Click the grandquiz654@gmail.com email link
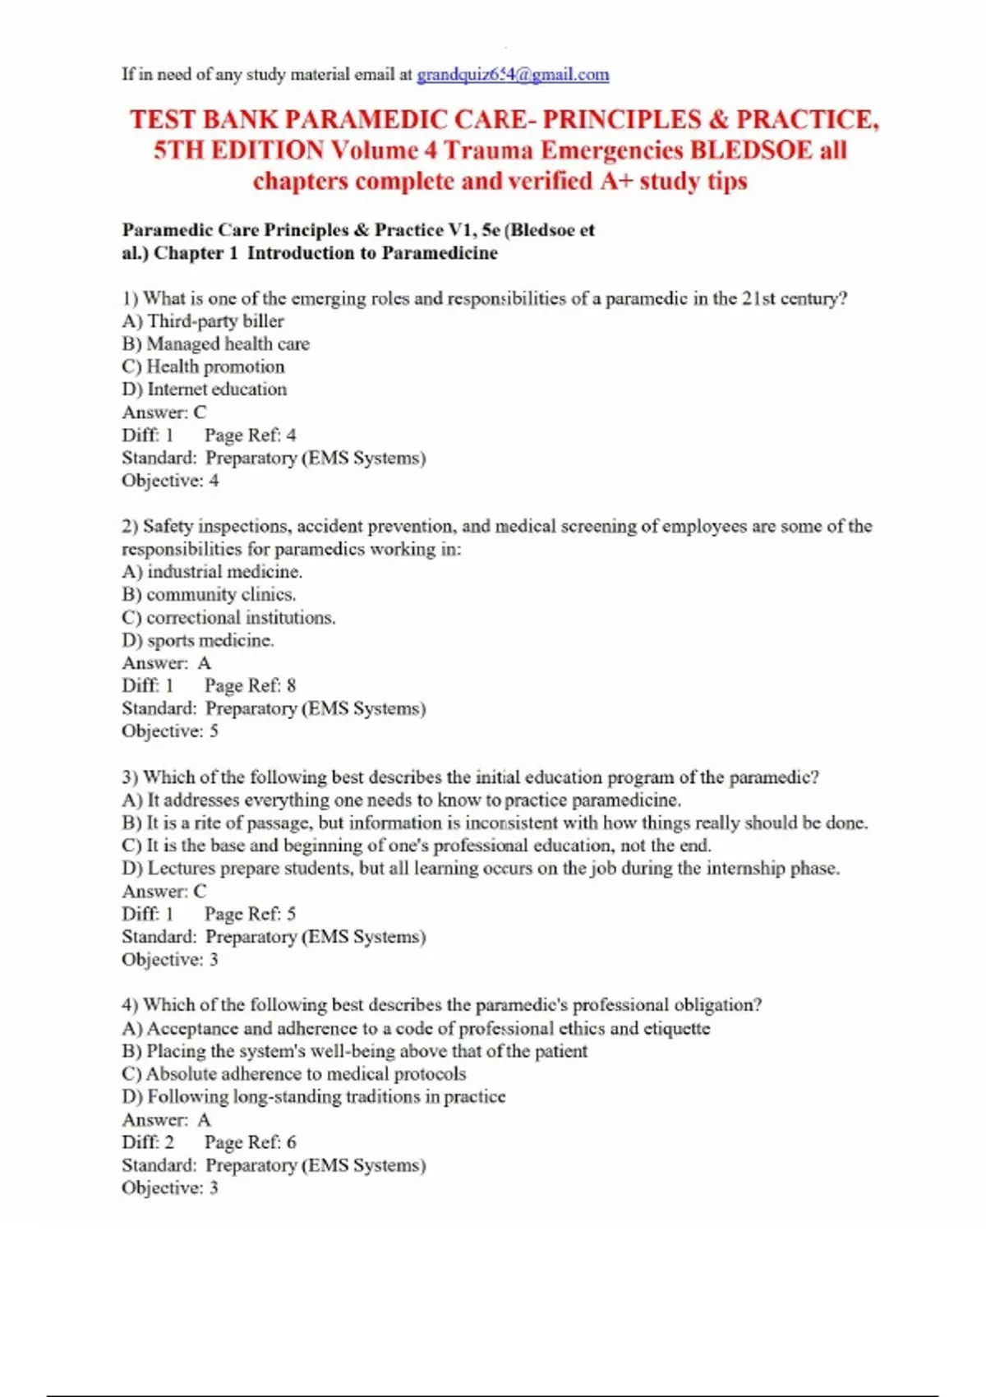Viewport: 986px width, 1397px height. [x=513, y=75]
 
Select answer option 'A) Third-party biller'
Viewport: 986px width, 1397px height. [x=203, y=321]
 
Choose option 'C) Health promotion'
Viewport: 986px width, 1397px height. [x=203, y=367]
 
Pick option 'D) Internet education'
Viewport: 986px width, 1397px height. [x=205, y=390]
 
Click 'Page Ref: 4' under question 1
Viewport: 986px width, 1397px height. [x=250, y=435]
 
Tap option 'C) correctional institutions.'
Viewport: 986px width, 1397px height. [x=228, y=617]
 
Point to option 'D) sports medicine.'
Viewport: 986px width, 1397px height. [x=198, y=640]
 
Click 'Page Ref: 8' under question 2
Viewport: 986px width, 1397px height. [x=250, y=685]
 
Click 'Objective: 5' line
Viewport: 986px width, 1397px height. [x=170, y=731]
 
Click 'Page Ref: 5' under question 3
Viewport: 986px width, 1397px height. [x=250, y=914]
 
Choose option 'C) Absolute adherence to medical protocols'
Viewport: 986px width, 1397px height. [x=293, y=1074]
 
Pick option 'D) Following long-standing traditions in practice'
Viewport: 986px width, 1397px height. [x=313, y=1097]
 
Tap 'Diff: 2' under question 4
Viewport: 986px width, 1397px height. [x=148, y=1142]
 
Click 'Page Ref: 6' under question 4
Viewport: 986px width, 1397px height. [x=250, y=1142]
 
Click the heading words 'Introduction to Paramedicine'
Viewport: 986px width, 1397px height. [x=372, y=253]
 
